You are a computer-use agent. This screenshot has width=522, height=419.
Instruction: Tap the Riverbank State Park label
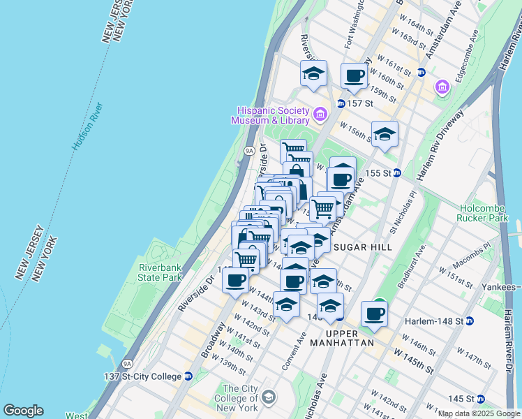(161, 272)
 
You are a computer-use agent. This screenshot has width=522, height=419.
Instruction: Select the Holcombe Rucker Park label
(487, 214)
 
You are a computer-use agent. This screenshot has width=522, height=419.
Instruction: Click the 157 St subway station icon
(341, 103)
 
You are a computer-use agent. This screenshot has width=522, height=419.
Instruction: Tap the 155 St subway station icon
(396, 172)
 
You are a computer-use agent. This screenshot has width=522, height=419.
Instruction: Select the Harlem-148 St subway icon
(470, 321)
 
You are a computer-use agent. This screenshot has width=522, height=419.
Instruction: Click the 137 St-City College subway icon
(188, 376)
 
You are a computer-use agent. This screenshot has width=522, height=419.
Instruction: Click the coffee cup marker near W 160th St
(354, 76)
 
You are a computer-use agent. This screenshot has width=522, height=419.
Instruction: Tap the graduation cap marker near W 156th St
(384, 135)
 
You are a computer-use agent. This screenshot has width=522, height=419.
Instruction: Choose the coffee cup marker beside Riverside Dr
(235, 281)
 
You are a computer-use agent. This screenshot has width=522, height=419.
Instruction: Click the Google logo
(23, 411)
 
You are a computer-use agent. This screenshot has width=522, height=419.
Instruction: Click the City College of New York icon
(268, 398)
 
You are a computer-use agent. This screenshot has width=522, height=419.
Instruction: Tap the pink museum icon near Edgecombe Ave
(442, 87)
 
